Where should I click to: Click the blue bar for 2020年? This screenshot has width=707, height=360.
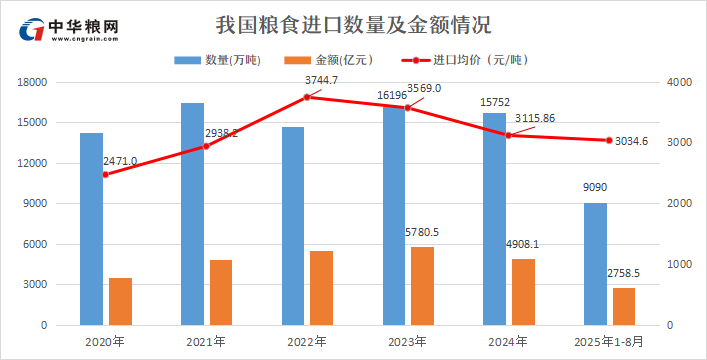(91, 229)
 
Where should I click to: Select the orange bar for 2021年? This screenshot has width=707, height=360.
(221, 292)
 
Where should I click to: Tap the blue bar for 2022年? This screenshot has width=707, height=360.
(293, 226)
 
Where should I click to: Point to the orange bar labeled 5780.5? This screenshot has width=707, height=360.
(423, 286)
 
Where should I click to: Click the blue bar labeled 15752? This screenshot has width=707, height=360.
(494, 219)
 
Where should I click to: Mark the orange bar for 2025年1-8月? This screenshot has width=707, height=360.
(624, 306)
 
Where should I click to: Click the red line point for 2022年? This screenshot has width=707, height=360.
(307, 97)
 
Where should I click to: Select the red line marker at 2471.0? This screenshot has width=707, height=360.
(105, 174)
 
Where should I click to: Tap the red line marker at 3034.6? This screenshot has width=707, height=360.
(609, 140)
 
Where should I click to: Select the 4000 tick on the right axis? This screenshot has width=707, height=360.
(678, 82)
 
